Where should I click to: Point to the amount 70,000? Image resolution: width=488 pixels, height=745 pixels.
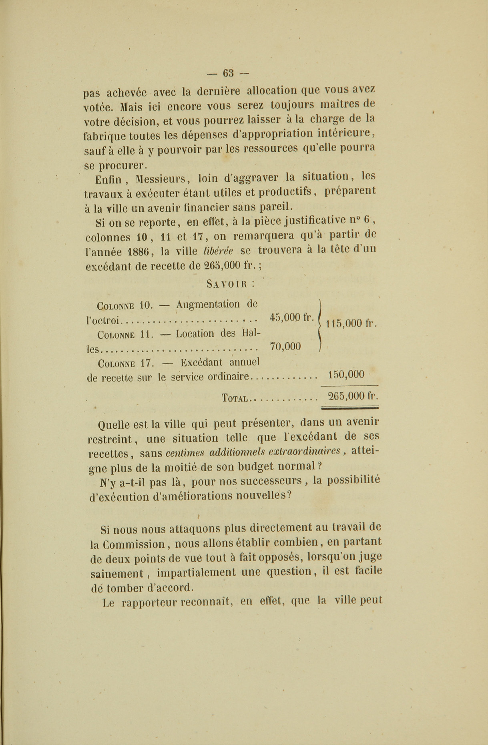[x=285, y=346]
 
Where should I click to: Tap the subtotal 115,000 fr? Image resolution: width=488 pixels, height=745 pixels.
[x=351, y=323]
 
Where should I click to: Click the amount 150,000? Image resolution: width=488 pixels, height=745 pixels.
[x=346, y=375]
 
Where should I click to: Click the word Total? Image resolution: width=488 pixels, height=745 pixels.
[x=235, y=398]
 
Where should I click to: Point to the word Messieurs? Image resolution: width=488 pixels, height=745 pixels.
[x=160, y=178]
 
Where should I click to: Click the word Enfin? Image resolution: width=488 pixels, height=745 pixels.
[x=108, y=179]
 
